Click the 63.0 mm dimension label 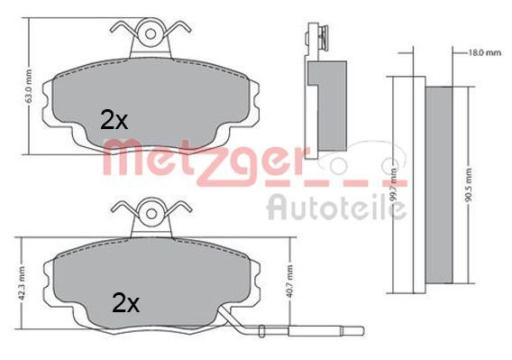point(31,88)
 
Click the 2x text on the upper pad point(113,119)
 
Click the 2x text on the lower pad point(126,302)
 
